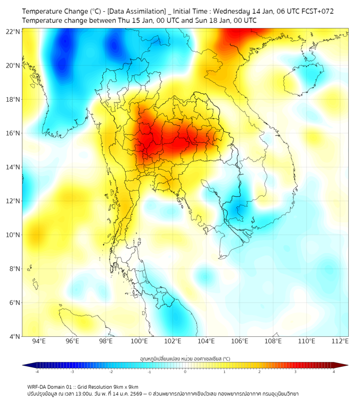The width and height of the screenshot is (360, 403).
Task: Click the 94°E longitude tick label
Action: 39,341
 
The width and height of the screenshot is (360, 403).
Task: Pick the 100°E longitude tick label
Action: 139,341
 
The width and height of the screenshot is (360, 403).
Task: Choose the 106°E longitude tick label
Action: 240,341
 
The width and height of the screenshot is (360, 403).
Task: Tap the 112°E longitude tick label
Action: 340,341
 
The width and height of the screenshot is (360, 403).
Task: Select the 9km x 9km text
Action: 125,387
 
